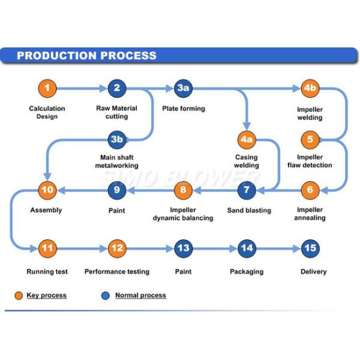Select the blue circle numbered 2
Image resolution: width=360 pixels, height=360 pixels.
coord(117,89)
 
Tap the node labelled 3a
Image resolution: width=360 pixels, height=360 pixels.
coord(184,89)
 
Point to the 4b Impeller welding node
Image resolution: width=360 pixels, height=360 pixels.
coord(310,89)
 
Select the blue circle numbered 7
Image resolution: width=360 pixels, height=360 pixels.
coord(246,191)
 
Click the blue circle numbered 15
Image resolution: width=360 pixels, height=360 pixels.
coord(310,248)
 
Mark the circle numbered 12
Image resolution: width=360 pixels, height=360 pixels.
coord(117,248)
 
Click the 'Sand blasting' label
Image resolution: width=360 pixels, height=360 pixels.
coord(249,211)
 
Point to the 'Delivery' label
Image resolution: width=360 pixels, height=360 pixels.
coord(313,272)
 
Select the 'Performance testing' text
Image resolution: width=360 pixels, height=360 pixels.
coord(117,272)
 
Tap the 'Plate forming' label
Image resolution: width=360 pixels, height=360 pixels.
coord(184,109)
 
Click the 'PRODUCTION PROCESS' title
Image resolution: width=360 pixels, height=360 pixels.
coord(86,56)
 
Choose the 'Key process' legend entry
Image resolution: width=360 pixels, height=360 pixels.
coord(46,295)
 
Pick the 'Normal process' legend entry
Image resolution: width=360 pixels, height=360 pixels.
coord(140,295)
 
